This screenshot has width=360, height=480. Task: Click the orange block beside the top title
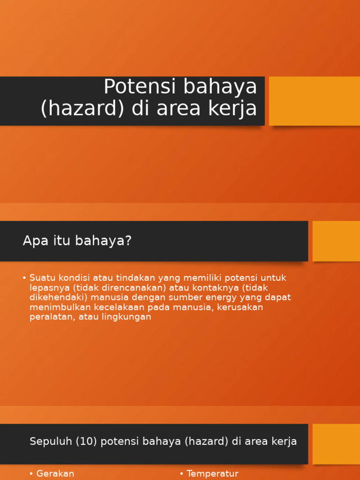coord(314,101)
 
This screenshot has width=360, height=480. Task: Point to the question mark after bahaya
coord(129,241)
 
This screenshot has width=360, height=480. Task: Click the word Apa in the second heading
coord(33,241)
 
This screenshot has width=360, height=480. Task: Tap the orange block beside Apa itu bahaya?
coord(336,241)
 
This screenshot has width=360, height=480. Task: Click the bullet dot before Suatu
coord(24,278)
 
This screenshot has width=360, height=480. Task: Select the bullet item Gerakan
coord(55,474)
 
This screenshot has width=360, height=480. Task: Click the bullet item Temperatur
coord(212,474)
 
